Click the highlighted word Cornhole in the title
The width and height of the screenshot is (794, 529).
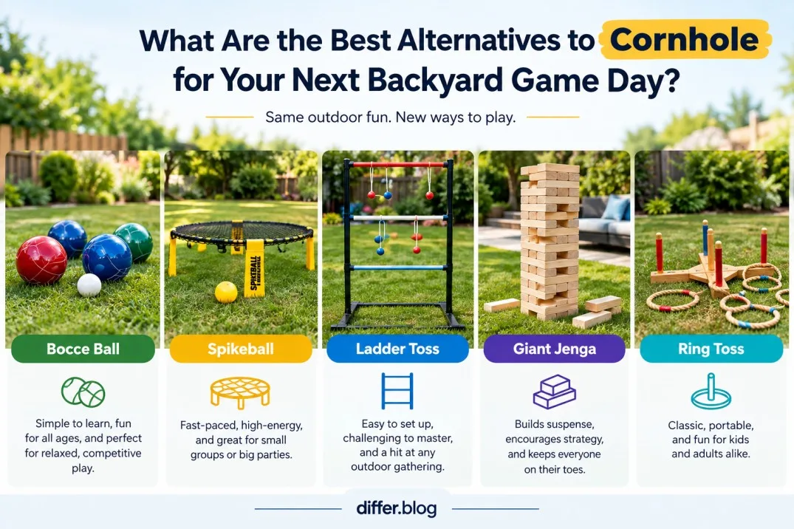(x=684, y=39)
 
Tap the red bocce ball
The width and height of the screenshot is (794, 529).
(x=41, y=260)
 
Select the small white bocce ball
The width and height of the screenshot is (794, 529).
(x=89, y=284)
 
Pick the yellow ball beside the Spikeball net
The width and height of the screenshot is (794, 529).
(x=226, y=293)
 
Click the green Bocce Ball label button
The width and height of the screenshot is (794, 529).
(x=83, y=349)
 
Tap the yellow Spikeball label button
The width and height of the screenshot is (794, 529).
(x=241, y=349)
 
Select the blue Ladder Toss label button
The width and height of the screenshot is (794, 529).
(x=397, y=349)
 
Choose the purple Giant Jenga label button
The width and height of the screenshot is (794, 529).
(x=555, y=349)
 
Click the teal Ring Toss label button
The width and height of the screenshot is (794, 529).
(x=711, y=349)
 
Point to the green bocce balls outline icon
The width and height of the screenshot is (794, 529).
(x=83, y=392)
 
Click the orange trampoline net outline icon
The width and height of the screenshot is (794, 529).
(x=241, y=393)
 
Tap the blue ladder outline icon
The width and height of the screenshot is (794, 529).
(x=397, y=391)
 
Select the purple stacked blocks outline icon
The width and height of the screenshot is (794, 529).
(x=555, y=392)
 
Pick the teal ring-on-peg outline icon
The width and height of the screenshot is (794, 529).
(x=711, y=391)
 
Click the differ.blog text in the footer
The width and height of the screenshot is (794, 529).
(x=397, y=508)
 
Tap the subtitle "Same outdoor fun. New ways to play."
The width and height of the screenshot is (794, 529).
(x=391, y=117)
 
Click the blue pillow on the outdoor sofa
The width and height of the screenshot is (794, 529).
(x=616, y=208)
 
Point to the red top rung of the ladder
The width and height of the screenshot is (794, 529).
(x=398, y=165)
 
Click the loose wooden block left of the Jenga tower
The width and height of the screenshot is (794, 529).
(x=502, y=305)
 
